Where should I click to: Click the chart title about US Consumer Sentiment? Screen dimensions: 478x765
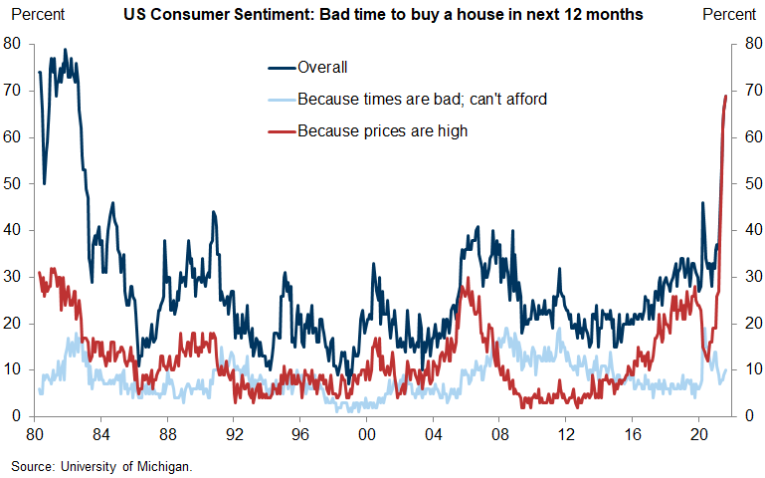(x=382, y=15)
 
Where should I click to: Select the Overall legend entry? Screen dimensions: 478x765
(x=322, y=68)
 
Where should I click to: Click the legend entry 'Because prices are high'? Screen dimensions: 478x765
(x=382, y=130)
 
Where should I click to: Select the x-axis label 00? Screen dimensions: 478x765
(x=366, y=435)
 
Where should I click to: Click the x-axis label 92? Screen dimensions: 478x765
(x=234, y=435)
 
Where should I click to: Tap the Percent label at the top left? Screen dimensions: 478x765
(x=37, y=15)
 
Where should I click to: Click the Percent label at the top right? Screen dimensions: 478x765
(x=729, y=15)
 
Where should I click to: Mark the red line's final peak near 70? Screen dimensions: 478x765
(x=725, y=96)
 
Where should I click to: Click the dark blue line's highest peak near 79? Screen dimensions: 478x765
(x=65, y=50)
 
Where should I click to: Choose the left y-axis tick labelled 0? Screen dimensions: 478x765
(x=16, y=416)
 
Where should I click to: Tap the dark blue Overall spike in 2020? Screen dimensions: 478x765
(x=702, y=203)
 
